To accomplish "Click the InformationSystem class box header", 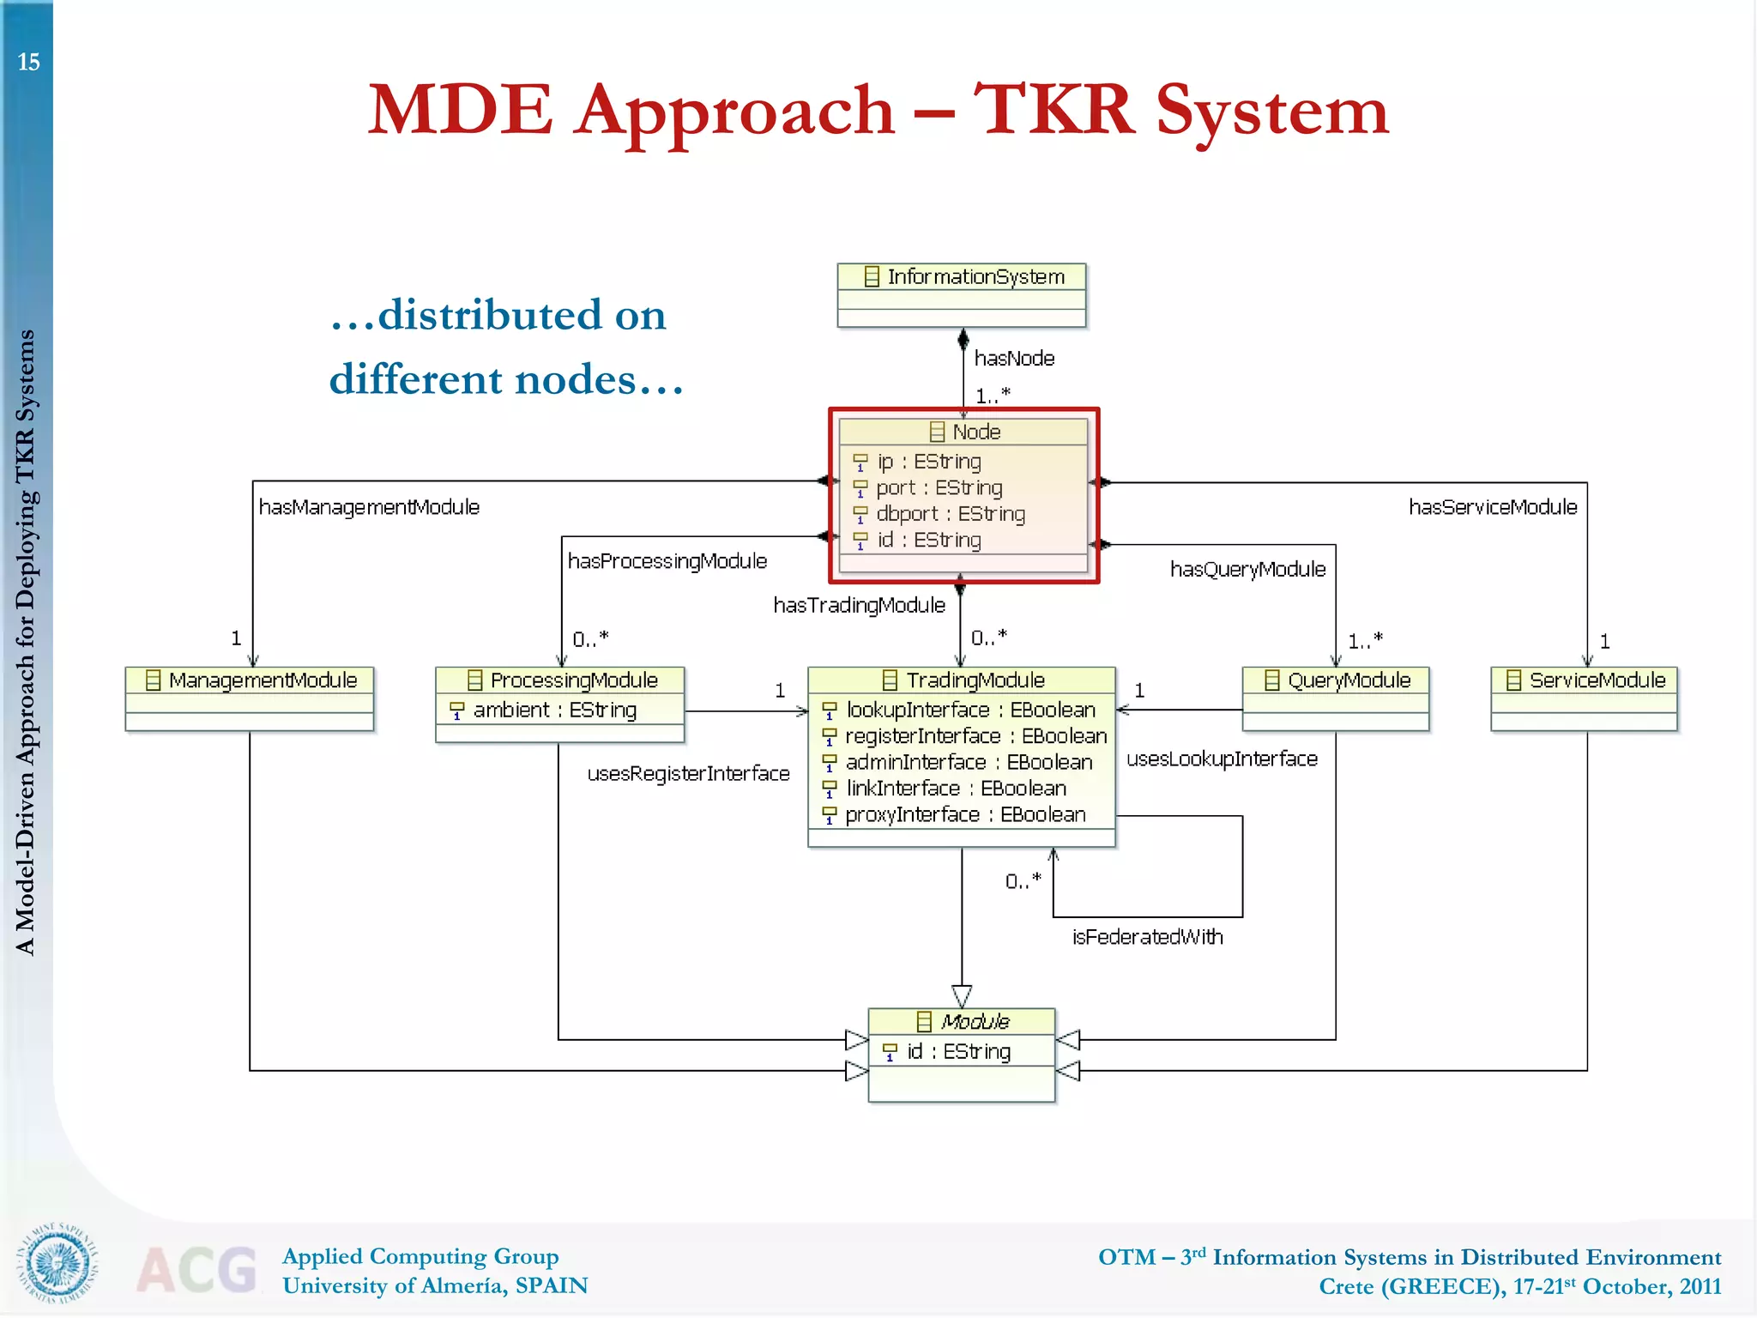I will point(962,276).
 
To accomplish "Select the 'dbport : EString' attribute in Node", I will point(950,514).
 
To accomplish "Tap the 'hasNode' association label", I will point(1014,358).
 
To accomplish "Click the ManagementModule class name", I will point(262,680).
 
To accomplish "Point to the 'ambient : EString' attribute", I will point(554,710).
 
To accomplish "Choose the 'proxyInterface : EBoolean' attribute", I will point(964,814).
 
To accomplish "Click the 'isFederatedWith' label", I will point(1147,937).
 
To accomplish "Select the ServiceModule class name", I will point(1597,680).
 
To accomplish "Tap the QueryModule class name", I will point(1349,680).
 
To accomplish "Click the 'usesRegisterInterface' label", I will point(688,774).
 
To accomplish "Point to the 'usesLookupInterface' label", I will point(1222,759).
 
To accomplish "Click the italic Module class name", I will point(975,1022).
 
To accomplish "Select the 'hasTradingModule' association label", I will point(859,606).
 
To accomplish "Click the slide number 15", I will point(28,62).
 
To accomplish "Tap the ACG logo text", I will point(197,1270).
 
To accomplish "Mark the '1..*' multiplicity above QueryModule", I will point(1364,640).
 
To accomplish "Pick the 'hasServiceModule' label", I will point(1493,507).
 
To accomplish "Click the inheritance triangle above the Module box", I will point(962,996).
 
